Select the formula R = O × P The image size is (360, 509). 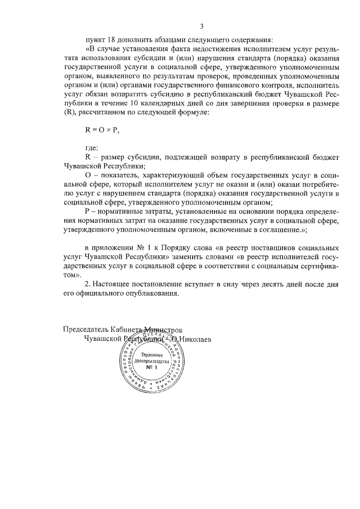point(102,129)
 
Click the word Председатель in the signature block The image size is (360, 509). point(86,330)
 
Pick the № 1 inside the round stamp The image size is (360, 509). point(150,368)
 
